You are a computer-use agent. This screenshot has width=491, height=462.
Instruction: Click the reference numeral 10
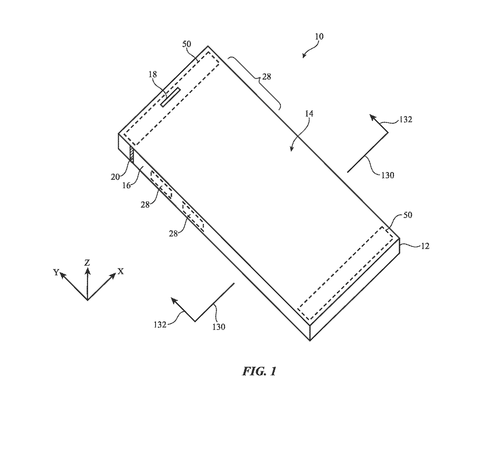[319, 37]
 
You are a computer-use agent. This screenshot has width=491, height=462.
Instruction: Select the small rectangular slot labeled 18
[170, 97]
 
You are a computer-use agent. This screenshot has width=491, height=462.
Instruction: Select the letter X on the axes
[121, 272]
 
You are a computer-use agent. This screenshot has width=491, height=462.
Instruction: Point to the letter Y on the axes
[56, 272]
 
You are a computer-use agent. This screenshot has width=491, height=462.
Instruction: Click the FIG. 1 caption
[259, 371]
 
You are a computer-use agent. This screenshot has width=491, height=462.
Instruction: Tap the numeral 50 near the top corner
[187, 44]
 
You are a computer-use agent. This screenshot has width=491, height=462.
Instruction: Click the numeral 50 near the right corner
[407, 215]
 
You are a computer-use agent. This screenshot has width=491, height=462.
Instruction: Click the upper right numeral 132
[406, 120]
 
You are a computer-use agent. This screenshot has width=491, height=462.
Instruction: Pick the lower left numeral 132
[160, 324]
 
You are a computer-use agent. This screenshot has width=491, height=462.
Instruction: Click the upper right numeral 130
[387, 175]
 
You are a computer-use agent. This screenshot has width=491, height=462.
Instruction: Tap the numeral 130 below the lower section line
[219, 327]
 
